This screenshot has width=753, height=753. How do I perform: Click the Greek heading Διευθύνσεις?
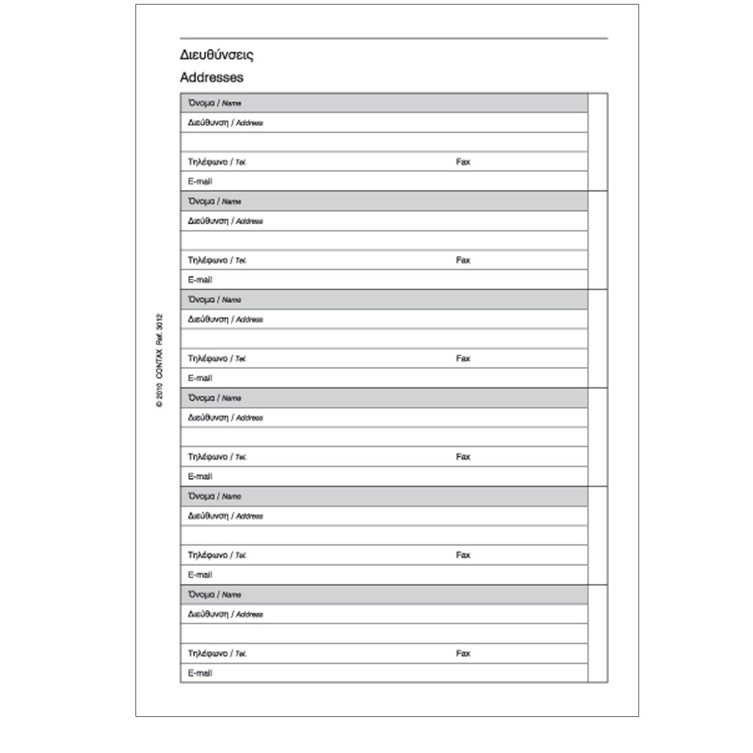216,55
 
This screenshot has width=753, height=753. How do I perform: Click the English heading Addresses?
211,77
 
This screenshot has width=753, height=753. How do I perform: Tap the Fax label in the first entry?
463,162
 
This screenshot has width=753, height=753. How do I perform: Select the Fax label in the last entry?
463,653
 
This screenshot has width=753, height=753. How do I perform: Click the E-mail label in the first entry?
200,181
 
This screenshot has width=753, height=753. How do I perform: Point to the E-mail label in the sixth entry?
200,673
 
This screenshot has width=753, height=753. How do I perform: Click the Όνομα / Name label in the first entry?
214,103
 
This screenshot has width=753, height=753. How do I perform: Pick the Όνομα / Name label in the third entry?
214,300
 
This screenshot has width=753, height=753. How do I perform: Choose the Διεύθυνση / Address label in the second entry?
225,221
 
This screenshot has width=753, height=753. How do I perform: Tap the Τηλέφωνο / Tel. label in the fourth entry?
217,457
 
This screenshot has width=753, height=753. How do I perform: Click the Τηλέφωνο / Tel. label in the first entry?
217,162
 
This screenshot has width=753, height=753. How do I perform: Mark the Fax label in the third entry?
463,358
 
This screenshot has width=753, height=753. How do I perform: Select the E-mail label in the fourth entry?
200,476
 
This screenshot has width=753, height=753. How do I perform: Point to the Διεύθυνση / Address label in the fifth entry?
225,516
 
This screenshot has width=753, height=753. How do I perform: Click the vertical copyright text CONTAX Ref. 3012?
159,360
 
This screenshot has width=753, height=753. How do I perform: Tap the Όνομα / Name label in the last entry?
214,594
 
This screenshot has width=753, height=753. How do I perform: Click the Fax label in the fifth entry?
463,555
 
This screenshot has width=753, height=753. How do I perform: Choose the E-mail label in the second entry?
200,280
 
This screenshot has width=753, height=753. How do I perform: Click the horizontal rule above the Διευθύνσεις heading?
394,38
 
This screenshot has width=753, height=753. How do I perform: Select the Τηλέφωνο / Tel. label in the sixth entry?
217,653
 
